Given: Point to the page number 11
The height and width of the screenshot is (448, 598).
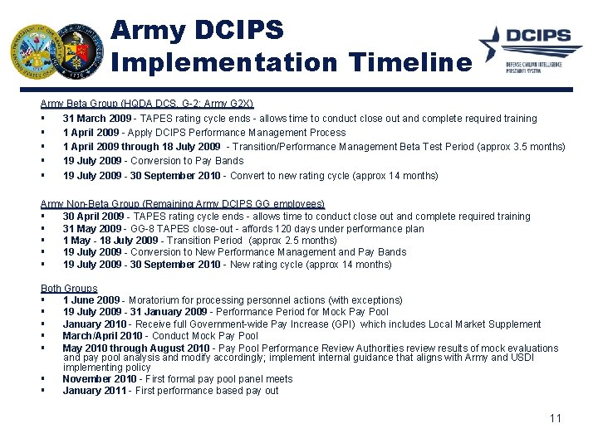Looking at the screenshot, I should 555,417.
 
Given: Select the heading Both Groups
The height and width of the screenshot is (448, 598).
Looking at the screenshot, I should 69,289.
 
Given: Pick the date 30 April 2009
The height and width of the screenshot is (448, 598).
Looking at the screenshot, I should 93,217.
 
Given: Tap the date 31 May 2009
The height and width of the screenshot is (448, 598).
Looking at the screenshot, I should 91,228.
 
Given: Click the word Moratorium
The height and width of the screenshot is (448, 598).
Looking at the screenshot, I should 156,300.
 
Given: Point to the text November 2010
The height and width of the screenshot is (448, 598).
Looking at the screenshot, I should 97,379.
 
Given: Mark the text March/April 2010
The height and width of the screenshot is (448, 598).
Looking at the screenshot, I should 102,336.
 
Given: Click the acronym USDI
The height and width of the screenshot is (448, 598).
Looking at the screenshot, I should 521,358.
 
